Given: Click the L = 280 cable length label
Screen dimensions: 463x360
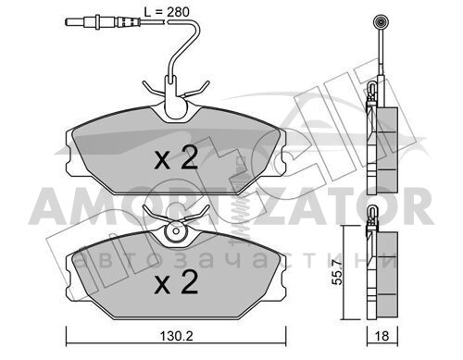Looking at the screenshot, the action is coord(167,12).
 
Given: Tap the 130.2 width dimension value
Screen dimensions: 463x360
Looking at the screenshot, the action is coord(176,336).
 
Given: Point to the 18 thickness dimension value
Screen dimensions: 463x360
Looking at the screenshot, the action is coord(382,336).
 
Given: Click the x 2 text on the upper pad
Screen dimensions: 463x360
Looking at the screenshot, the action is coord(176,159).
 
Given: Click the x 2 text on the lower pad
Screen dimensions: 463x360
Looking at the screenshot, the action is coord(176,282).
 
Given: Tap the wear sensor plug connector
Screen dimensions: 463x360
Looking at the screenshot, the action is coord(103,22).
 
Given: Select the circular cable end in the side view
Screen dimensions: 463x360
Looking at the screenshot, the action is coord(382,22).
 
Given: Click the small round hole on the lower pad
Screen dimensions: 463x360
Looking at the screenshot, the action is coord(176,231).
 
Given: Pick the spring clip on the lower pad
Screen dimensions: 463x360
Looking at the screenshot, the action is coord(176,215).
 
